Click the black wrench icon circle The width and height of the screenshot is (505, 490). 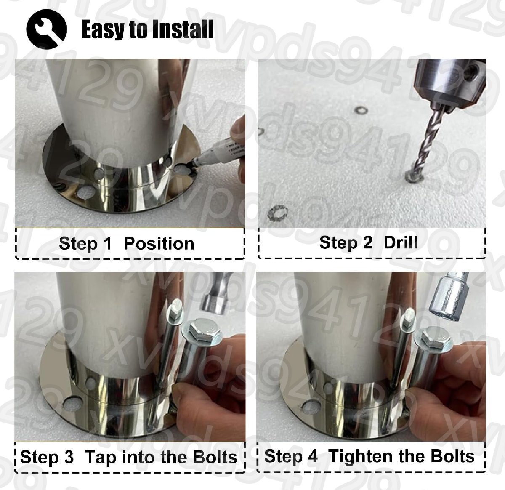pyautogui.click(x=47, y=29)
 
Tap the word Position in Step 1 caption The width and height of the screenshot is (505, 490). pyautogui.click(x=159, y=244)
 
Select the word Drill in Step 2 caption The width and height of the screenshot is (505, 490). pyautogui.click(x=400, y=242)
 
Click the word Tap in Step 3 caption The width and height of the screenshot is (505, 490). pyautogui.click(x=100, y=457)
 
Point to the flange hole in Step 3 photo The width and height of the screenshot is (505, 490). pyautogui.click(x=72, y=404)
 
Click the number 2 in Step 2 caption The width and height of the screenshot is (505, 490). pyautogui.click(x=367, y=242)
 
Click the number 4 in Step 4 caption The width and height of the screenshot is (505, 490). pyautogui.click(x=312, y=456)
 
